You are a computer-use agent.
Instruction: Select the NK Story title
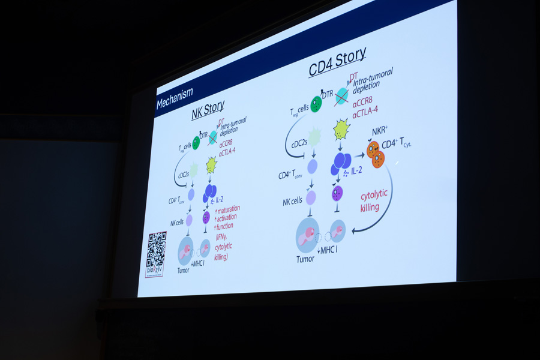click(208, 109)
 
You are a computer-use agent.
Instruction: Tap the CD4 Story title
click(337, 61)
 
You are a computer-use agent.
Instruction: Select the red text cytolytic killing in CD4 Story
click(370, 202)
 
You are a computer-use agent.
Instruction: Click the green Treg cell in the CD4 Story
click(315, 103)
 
